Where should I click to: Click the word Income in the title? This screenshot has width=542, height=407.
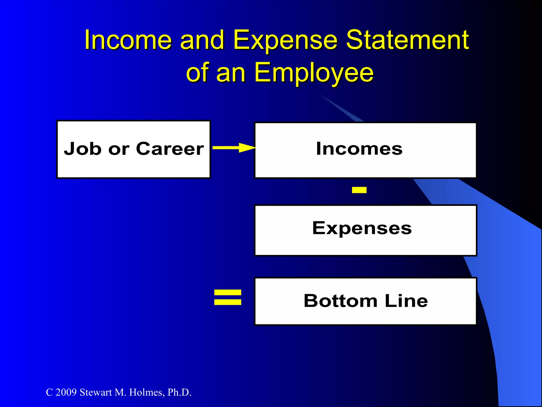point(128,40)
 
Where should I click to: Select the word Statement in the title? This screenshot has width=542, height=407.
point(408,40)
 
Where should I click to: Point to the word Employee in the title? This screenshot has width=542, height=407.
point(314,73)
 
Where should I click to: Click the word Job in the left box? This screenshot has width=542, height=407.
point(83,149)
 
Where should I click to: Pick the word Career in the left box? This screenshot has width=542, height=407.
point(170,149)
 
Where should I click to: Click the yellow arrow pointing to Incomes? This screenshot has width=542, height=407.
point(234,148)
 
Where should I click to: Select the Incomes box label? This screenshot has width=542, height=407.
point(359,149)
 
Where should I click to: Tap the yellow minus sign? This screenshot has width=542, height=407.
point(359,190)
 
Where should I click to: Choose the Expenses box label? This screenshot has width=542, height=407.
point(362,228)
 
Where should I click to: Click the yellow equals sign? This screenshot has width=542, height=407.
point(228,297)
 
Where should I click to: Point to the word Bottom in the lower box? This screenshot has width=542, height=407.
point(340,301)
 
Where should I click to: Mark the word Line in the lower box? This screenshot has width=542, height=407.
point(406,301)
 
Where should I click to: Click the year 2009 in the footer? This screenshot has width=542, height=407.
point(66,392)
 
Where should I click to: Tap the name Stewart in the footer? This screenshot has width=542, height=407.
point(96,392)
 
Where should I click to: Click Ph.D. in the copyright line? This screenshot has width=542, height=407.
point(179,392)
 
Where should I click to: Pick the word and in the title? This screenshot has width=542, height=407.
point(202,40)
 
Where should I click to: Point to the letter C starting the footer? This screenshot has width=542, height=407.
point(49,392)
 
